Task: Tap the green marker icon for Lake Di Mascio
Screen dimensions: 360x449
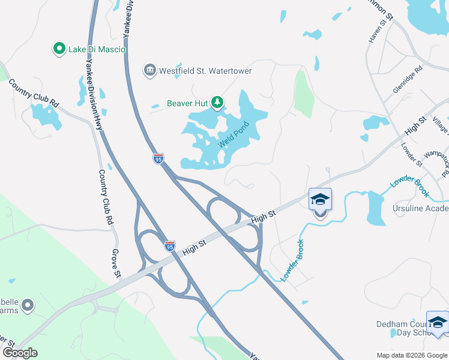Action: tap(59, 49)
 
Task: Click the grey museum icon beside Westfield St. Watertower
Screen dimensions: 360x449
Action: tap(149, 71)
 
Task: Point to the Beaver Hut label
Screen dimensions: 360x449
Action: tap(187, 103)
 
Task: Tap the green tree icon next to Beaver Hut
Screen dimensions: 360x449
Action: tap(217, 103)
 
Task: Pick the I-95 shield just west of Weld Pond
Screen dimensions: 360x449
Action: tap(158, 158)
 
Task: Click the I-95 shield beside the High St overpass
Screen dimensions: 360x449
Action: tap(170, 245)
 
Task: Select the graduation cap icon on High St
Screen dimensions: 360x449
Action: tap(320, 199)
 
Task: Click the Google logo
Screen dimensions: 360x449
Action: tap(20, 353)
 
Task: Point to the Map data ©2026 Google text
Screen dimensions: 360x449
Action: tap(411, 355)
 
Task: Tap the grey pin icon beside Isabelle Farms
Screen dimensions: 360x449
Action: tap(27, 307)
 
